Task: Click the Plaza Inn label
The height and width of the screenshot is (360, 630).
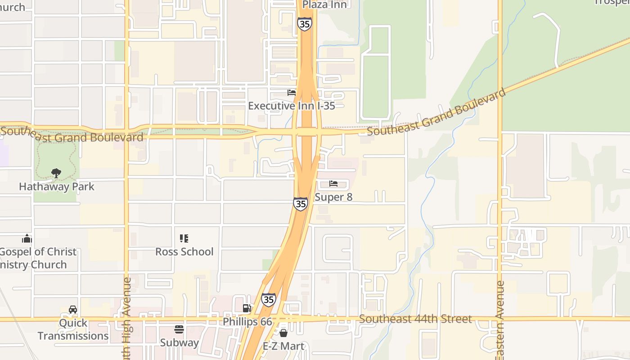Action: click(x=324, y=4)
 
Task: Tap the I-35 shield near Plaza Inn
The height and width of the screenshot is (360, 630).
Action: click(x=305, y=24)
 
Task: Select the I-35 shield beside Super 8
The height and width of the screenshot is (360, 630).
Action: click(x=301, y=203)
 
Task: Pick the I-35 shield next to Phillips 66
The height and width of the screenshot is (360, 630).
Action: click(x=269, y=300)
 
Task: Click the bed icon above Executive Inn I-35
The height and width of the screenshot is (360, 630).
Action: click(x=292, y=93)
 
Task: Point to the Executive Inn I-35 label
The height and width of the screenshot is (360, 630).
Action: click(x=292, y=106)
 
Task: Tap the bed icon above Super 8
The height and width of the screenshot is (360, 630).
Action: click(x=333, y=184)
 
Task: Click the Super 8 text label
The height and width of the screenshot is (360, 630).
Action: click(x=333, y=197)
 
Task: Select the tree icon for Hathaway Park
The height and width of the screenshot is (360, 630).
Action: click(x=56, y=173)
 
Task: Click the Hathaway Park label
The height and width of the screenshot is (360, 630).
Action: click(x=57, y=186)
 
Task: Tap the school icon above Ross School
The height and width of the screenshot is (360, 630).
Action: click(x=184, y=238)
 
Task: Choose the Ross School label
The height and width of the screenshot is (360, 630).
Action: click(x=184, y=252)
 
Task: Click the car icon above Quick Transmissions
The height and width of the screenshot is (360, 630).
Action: click(x=73, y=310)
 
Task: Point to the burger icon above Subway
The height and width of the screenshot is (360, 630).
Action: click(x=179, y=329)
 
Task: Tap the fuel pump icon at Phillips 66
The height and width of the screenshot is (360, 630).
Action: click(x=247, y=308)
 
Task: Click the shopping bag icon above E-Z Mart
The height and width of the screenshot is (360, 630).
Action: click(x=283, y=333)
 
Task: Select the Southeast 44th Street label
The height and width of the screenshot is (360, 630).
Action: click(x=415, y=319)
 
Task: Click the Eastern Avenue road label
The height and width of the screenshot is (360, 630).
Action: click(x=500, y=319)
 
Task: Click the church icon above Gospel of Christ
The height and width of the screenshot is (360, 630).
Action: click(x=27, y=238)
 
